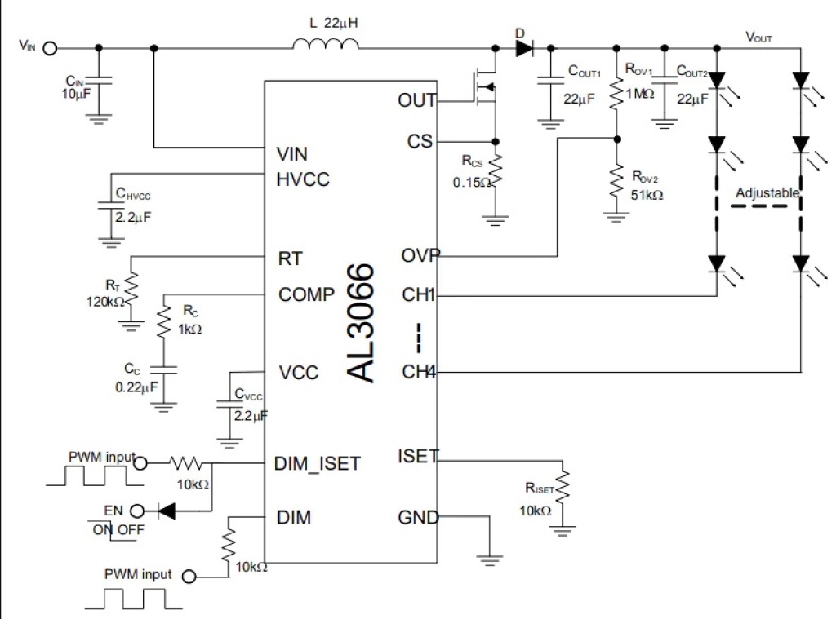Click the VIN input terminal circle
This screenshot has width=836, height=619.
(50, 47)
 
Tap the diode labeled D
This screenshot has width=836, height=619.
(523, 48)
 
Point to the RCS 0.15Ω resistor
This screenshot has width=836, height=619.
(495, 173)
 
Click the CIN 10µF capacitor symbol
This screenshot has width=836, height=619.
(99, 82)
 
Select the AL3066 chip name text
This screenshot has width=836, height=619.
(361, 323)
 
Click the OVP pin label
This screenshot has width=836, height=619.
(419, 255)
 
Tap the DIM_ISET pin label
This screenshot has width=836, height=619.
(319, 464)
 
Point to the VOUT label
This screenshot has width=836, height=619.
(758, 38)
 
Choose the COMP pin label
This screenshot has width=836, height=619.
(306, 294)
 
